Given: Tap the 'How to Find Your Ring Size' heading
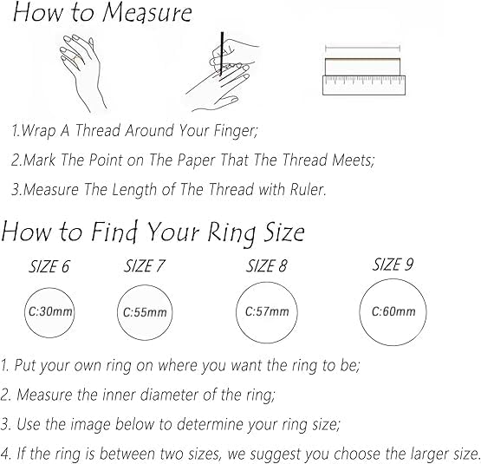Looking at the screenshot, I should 153,232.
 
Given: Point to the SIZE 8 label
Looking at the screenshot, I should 267,265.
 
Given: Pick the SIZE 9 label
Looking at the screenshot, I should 393,264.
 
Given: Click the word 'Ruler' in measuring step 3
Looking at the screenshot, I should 306,190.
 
